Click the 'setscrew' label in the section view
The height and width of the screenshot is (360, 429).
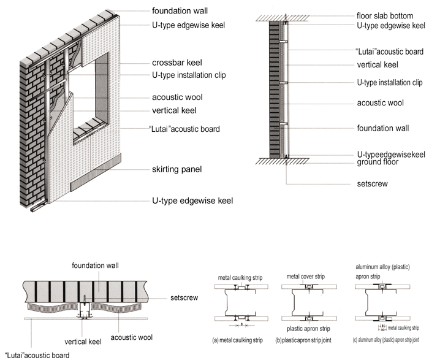click(x=371, y=183)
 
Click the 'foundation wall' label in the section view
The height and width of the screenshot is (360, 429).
click(x=384, y=129)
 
